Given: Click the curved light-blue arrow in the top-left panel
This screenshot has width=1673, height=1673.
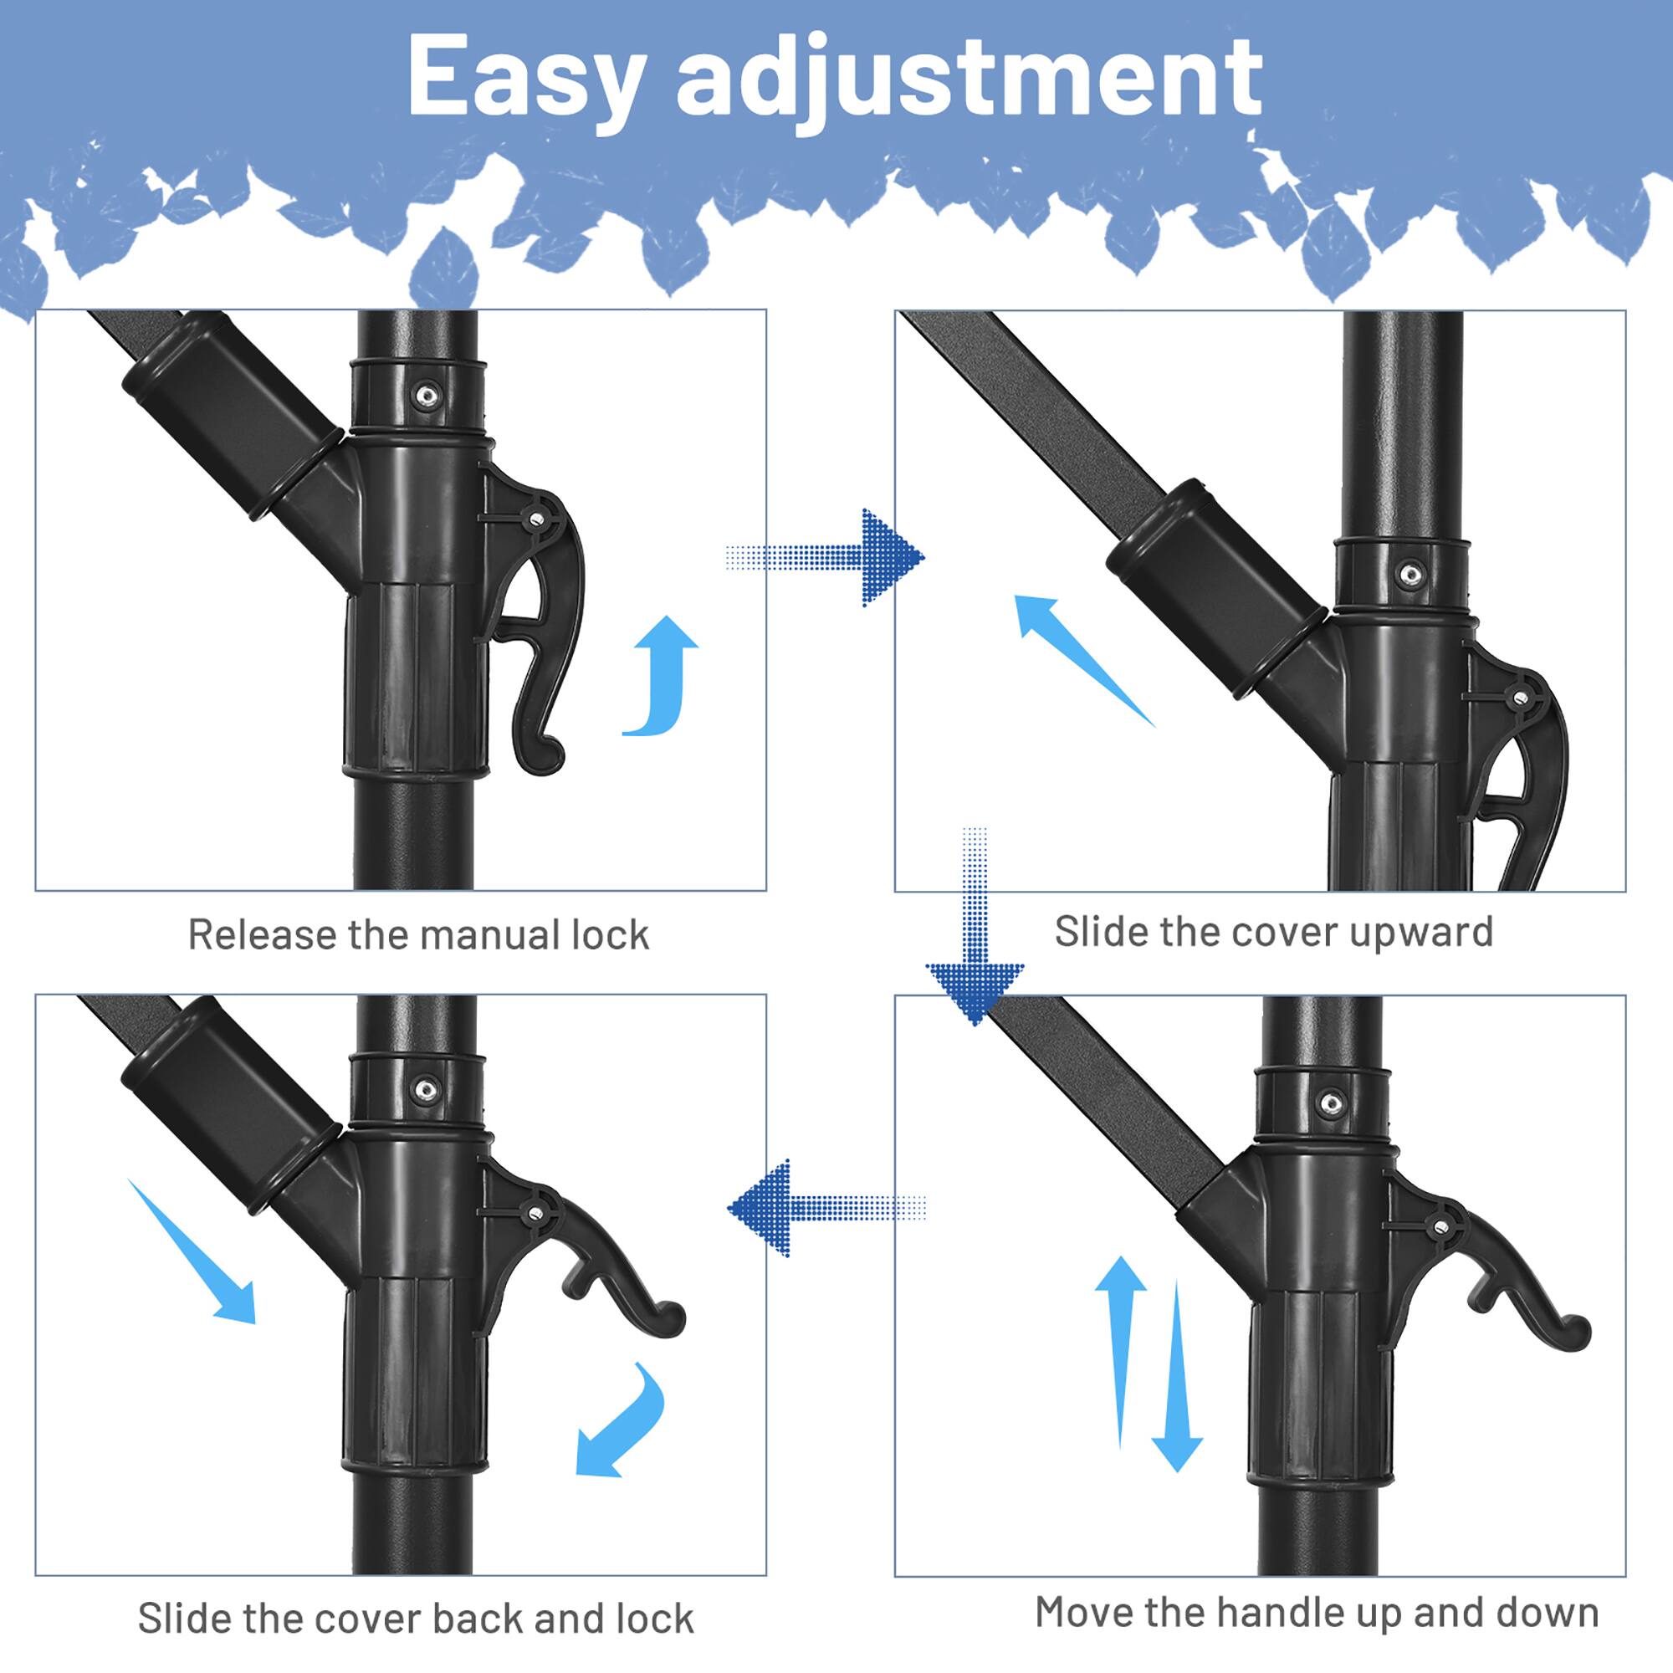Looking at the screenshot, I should click(x=663, y=680).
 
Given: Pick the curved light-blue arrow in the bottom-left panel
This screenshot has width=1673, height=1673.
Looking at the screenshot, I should click(x=623, y=1420).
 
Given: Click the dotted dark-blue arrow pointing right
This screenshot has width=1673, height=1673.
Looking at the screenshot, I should click(x=831, y=557).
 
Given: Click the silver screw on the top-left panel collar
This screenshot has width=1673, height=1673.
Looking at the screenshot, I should click(x=425, y=397).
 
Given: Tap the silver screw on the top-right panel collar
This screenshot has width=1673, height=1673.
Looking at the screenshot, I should click(x=1410, y=573).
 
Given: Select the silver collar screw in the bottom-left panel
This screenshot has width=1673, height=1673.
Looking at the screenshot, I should click(x=425, y=1089).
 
